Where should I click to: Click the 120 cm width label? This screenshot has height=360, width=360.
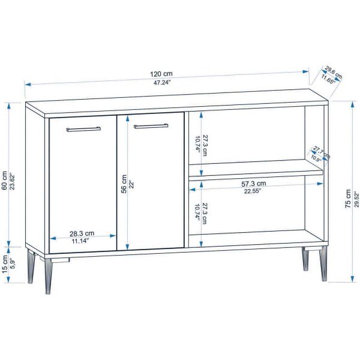tap(161, 74)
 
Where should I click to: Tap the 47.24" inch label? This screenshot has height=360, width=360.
tap(163, 82)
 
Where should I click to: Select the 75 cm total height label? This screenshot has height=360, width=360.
tap(348, 199)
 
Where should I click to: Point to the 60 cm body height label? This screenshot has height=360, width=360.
tap(4, 181)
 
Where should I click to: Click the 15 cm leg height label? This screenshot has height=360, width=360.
tap(4, 264)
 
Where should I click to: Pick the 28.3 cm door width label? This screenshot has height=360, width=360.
tap(82, 233)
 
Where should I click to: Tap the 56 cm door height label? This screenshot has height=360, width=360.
tap(124, 184)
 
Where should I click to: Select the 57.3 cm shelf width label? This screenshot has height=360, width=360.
tap(254, 184)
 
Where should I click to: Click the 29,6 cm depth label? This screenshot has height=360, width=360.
tap(334, 72)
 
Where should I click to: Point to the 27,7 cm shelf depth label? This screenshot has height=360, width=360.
tap(322, 152)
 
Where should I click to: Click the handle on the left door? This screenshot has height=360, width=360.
tap(83, 129)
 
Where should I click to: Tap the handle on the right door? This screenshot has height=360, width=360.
tap(151, 126)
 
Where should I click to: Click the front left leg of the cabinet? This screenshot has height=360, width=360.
tap(49, 276)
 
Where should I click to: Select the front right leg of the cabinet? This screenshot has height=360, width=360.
tap(323, 263)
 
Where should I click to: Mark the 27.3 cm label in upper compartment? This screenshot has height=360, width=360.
tap(205, 146)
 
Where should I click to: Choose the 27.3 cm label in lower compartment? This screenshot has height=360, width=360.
tap(205, 214)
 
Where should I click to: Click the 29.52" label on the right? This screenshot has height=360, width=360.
tap(356, 199)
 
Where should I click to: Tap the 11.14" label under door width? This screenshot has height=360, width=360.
tap(80, 241)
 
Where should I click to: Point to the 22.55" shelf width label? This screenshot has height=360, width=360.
tap(253, 191)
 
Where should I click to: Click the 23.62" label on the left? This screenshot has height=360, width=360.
tap(13, 181)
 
